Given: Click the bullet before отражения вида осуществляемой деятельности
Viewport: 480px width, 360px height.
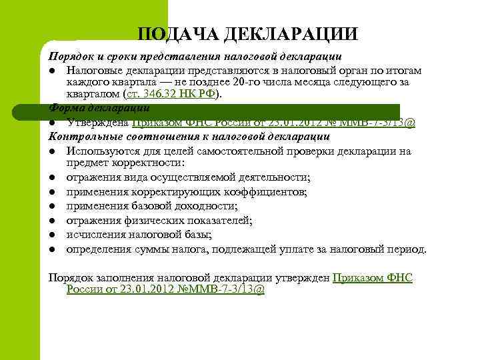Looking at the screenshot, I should (52, 178).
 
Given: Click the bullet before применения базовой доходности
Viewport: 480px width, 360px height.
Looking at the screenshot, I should (52, 207).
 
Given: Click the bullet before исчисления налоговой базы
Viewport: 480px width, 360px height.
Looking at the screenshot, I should (52, 235).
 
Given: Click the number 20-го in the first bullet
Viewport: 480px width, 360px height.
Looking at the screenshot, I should (284, 82).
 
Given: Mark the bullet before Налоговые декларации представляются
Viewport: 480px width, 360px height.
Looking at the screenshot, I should (52, 71).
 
